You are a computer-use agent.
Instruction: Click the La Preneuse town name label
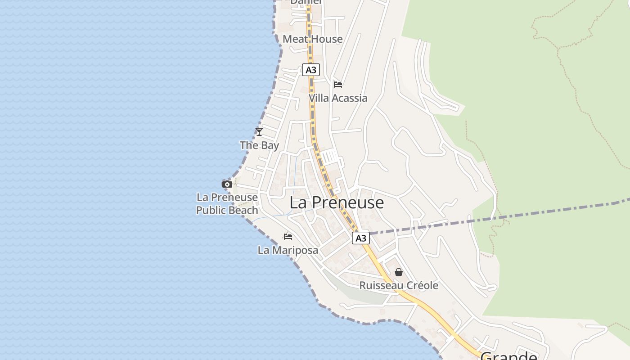[x=337, y=202]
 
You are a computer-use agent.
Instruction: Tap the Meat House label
[x=312, y=39]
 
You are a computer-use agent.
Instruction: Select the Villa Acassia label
[x=338, y=98]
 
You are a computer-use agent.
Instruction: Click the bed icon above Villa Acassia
[x=338, y=84]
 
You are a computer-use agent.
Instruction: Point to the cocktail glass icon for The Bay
[x=259, y=131]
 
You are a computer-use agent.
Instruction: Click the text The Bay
[x=259, y=145]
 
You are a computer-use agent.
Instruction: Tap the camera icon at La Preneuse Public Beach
[x=227, y=184]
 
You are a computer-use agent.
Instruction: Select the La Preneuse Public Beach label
[x=227, y=204]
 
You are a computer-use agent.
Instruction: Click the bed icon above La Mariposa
[x=288, y=236]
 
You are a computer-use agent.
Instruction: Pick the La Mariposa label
[x=288, y=250]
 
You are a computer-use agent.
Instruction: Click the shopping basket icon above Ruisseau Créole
[x=399, y=272]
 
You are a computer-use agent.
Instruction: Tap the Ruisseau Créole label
[x=399, y=285]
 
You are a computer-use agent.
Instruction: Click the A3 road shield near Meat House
[x=310, y=70]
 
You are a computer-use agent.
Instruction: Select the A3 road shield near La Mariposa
[x=361, y=238]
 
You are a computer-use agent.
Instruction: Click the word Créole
[x=422, y=285]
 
